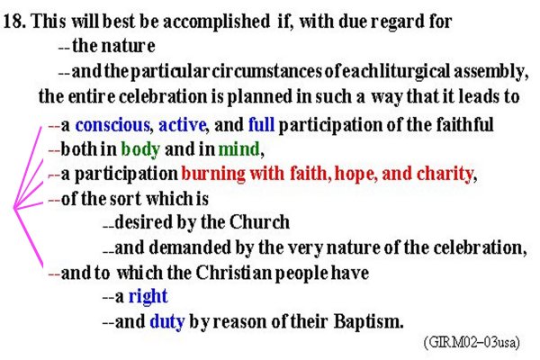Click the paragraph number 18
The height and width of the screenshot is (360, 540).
14,21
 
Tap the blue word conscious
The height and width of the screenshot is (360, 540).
112,125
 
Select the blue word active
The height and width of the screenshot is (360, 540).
182,125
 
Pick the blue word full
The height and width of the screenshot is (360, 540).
261,125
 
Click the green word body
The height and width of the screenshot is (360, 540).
140,149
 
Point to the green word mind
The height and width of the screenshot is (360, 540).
239,149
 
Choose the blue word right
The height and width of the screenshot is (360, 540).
148,296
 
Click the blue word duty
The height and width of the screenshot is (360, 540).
167,321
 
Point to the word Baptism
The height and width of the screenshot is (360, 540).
368,321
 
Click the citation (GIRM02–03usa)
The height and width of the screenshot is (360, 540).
472,342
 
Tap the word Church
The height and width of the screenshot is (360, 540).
259,222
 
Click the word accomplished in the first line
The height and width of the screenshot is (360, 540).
217,22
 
